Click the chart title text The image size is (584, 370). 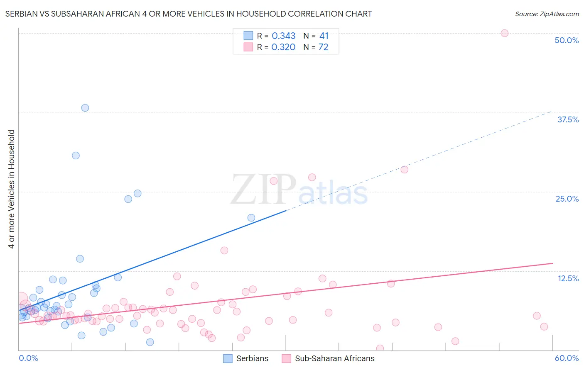(x=189, y=14)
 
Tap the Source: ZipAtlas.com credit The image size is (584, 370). (x=547, y=14)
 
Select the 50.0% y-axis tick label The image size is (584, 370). (x=567, y=40)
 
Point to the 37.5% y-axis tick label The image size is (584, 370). (x=568, y=119)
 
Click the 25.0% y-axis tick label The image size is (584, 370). (x=567, y=199)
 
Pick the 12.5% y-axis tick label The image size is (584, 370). (x=568, y=278)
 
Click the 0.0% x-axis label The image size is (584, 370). (x=29, y=358)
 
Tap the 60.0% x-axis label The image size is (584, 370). (x=567, y=358)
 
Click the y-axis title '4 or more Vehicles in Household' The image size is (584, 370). (x=12, y=189)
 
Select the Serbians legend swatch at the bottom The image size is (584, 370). (x=228, y=358)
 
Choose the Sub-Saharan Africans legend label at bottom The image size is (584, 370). (x=334, y=358)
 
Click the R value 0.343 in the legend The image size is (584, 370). (x=284, y=36)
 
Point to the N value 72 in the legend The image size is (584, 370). (x=323, y=47)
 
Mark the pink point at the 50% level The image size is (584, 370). (x=505, y=33)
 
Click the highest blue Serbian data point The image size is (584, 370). (x=85, y=108)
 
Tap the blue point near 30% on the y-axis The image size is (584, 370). (x=76, y=156)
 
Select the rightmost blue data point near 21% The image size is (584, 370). (x=251, y=218)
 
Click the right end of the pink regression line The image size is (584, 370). (x=553, y=263)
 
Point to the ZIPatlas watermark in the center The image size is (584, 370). (x=299, y=190)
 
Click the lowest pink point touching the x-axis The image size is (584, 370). (x=380, y=348)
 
